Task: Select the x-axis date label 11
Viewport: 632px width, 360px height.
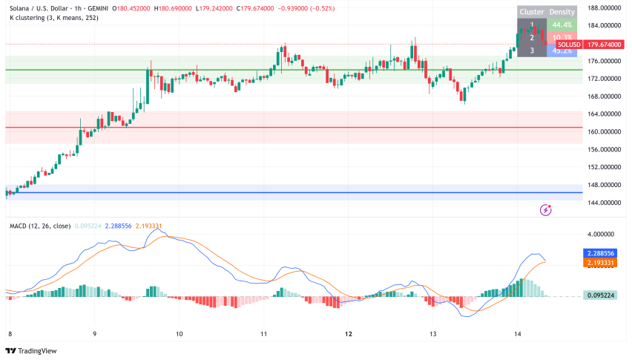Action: (x=264, y=335)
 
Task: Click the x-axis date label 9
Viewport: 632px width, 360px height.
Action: (x=95, y=335)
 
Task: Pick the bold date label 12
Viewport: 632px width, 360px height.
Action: (x=349, y=335)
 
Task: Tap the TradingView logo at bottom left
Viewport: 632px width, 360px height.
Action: (x=30, y=350)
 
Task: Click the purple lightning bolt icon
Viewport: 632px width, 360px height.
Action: (x=547, y=210)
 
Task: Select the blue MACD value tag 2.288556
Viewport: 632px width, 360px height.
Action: (x=600, y=253)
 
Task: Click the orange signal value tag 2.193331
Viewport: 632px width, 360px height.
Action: (x=600, y=263)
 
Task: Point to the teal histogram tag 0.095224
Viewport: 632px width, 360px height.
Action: (x=600, y=295)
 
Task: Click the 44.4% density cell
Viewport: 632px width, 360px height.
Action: (x=562, y=24)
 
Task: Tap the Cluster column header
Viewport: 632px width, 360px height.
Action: (x=532, y=13)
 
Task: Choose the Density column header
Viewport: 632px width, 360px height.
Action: (x=562, y=13)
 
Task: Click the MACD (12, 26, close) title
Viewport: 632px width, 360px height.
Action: (x=40, y=226)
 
